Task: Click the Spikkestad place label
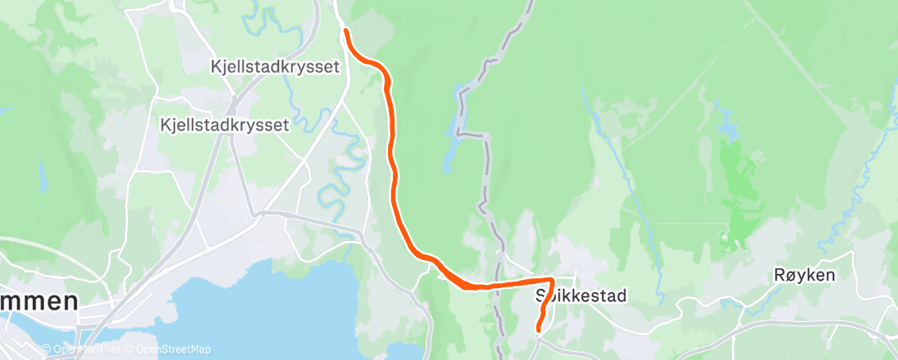coord(581,296)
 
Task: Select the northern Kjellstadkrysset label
coord(275,68)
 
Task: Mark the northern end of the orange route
coord(345,31)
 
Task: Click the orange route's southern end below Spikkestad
coord(539,329)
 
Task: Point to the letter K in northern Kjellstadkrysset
coord(215,68)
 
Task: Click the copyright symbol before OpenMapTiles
coord(50,349)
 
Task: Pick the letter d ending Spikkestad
coord(622,296)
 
